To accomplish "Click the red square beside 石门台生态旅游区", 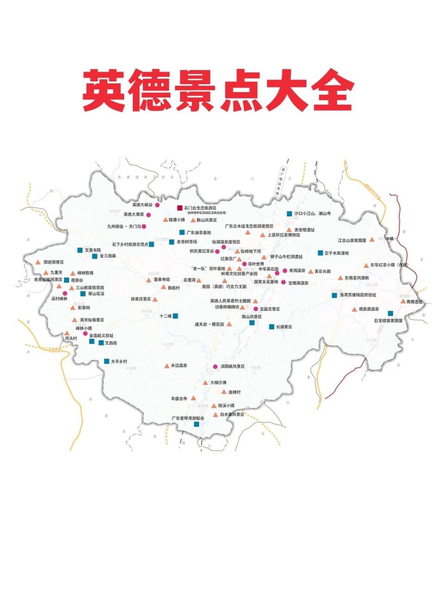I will (180, 208).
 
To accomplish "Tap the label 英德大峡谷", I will (142, 205).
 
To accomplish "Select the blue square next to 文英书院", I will (80, 250).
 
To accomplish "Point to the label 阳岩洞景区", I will (54, 262).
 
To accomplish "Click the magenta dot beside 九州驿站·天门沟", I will (144, 227).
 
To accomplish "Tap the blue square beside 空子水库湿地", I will (320, 253).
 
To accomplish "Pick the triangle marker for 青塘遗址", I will (403, 302).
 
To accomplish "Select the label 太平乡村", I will (119, 361).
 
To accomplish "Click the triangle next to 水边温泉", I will (167, 366).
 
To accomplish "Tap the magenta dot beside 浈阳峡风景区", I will (215, 367).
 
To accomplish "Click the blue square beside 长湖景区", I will (271, 327).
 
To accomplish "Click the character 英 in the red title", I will (105, 91).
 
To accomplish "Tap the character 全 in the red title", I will (331, 91).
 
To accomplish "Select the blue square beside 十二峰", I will (175, 316).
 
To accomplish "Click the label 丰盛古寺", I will (179, 398).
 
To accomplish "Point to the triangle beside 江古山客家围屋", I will (372, 240).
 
